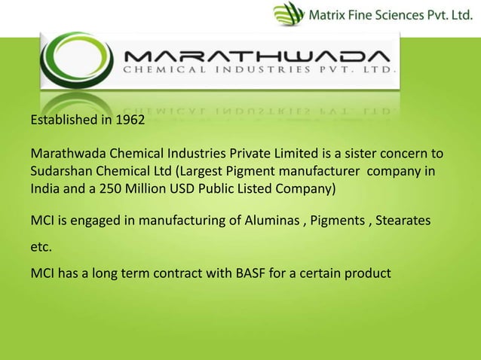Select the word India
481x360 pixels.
tap(44, 188)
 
